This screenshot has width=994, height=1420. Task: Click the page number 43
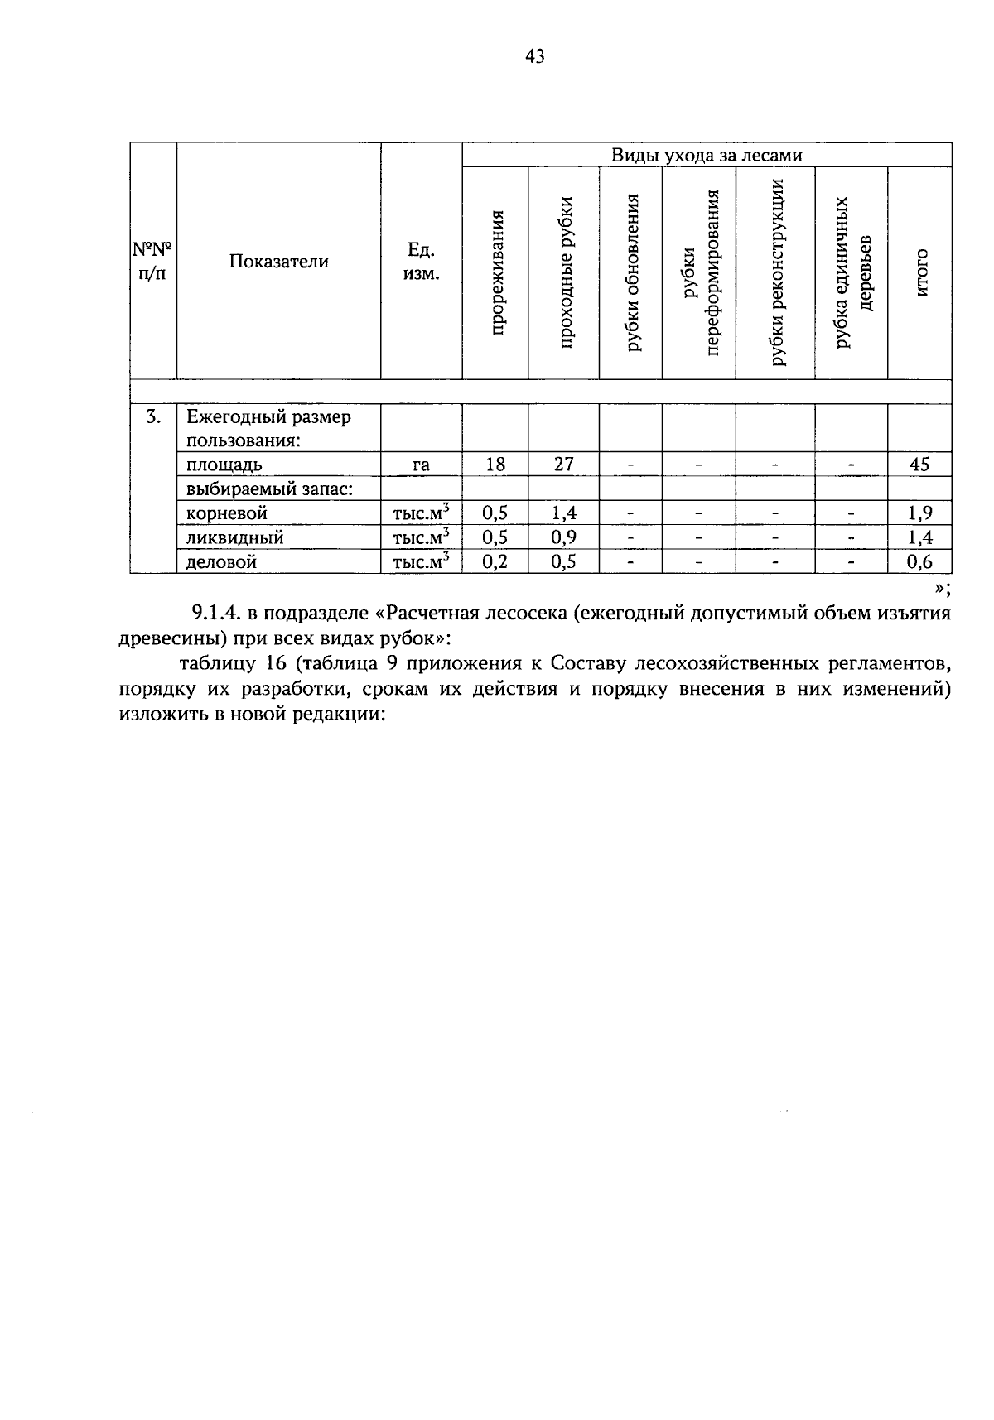point(535,56)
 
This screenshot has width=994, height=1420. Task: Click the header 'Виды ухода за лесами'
point(707,155)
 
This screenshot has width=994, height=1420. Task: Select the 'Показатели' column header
point(279,262)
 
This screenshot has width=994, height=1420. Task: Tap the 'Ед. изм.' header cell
point(421,262)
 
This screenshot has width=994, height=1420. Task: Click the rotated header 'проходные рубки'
point(566,272)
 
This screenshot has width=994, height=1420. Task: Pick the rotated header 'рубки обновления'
point(632,272)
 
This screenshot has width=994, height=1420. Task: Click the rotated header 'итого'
point(920,272)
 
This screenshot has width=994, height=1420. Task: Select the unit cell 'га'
point(421,465)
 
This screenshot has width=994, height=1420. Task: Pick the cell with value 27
point(564,464)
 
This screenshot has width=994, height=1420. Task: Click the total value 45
point(919,464)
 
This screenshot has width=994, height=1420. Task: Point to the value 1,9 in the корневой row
point(919,513)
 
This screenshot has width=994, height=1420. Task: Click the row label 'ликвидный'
point(235,538)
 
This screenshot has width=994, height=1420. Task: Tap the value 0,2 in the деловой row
point(495,562)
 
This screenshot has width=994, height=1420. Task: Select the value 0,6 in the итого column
point(919,562)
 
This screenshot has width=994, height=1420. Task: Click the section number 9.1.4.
point(216,614)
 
